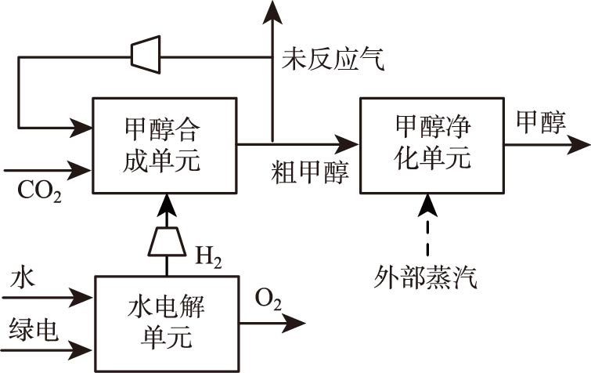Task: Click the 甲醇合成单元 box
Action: point(164,146)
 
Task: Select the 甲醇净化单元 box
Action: point(432,144)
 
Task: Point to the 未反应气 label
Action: point(333,60)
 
